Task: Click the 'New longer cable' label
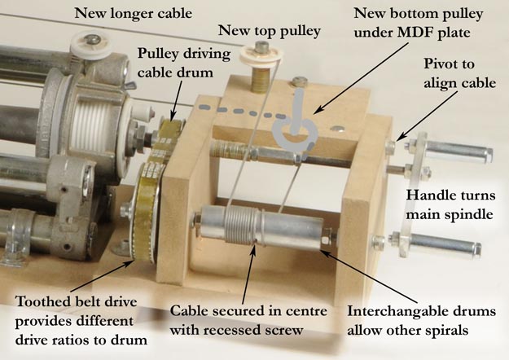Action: click(x=133, y=14)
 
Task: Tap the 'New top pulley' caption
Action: click(x=270, y=31)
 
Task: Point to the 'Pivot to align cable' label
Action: click(x=459, y=73)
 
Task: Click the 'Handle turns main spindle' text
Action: click(x=450, y=204)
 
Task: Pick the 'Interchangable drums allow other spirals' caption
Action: click(x=421, y=320)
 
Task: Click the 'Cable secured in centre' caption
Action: click(x=248, y=311)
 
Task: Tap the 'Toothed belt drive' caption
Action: click(x=76, y=302)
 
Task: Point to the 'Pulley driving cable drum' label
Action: click(x=184, y=63)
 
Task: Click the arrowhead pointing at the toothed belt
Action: click(x=130, y=263)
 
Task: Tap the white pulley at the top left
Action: click(x=88, y=46)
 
